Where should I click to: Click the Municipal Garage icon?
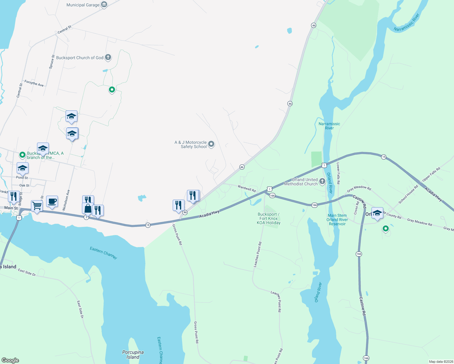(104, 5)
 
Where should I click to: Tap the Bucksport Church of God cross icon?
(108, 57)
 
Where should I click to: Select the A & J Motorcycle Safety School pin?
(211, 144)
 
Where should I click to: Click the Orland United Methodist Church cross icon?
(322, 181)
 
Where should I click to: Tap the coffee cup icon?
(52, 201)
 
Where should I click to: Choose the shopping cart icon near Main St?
(37, 206)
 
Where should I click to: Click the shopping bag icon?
(88, 208)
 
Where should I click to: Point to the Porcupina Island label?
(133, 354)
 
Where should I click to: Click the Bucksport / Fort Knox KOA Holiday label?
(269, 218)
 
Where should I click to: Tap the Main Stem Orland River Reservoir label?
(337, 220)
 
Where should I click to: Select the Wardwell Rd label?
(247, 188)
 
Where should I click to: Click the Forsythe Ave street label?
(34, 83)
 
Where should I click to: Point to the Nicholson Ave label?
(66, 200)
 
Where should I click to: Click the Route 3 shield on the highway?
(86, 217)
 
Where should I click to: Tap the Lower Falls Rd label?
(338, 173)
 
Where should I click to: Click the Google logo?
(10, 360)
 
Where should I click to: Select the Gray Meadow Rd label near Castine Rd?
(359, 189)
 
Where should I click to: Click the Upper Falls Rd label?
(431, 174)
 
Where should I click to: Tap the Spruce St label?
(52, 62)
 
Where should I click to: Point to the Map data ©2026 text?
(440, 362)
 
